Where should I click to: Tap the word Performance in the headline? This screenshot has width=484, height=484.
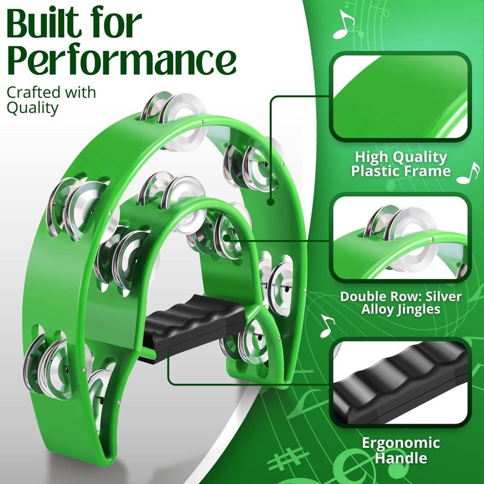(x=121, y=60)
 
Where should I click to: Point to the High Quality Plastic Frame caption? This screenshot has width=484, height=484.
(x=401, y=164)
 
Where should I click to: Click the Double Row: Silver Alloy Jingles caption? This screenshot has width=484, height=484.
(x=401, y=303)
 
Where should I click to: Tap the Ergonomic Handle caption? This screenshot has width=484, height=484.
(x=401, y=450)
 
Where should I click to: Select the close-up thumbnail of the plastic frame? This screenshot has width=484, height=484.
(x=401, y=97)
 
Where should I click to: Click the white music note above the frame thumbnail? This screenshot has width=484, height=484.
(x=344, y=24)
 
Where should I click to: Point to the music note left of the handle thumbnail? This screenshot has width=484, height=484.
(x=327, y=326)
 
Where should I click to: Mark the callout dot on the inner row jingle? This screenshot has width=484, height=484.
(x=228, y=238)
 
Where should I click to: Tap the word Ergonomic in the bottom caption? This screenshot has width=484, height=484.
(x=401, y=442)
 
